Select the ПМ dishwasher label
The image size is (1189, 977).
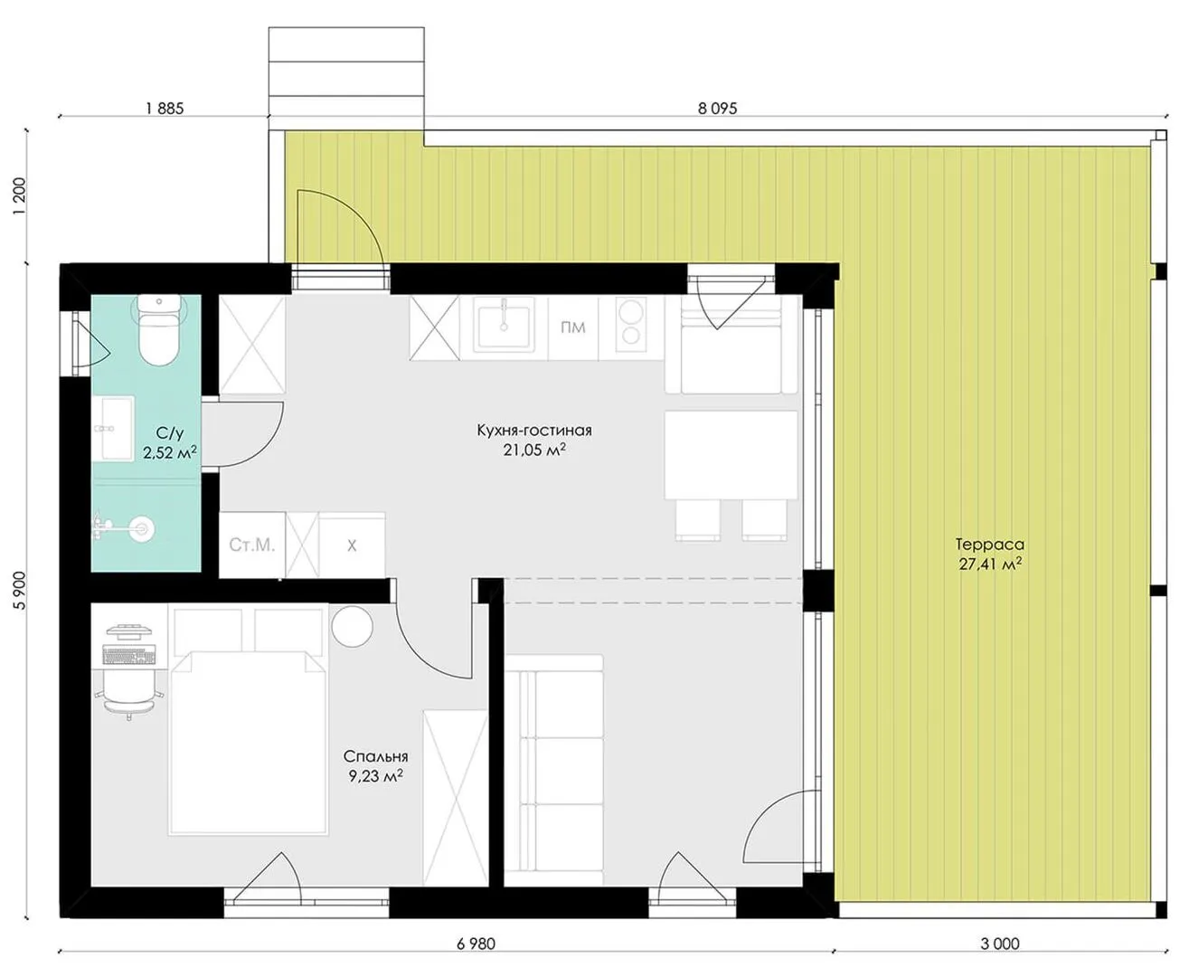[x=572, y=327]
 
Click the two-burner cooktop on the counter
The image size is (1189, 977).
[x=630, y=327]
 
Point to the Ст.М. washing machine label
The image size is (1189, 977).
[x=252, y=545]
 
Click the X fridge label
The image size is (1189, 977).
[x=352, y=545]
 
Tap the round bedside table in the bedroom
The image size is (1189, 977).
[x=352, y=626]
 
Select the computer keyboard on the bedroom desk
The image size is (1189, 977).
[x=128, y=655]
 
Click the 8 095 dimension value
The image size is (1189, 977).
[x=717, y=109]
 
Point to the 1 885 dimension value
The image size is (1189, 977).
[x=165, y=109]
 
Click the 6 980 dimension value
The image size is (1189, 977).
[x=476, y=944]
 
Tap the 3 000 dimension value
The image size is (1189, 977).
[x=1000, y=944]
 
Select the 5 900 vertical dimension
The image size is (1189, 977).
[x=21, y=590]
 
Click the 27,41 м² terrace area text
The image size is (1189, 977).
[x=991, y=564]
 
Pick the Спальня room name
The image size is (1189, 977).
[x=375, y=756]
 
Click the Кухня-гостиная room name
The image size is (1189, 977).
[x=534, y=431]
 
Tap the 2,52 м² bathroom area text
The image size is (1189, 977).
[x=170, y=452]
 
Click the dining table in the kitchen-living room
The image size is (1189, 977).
[x=731, y=455]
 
